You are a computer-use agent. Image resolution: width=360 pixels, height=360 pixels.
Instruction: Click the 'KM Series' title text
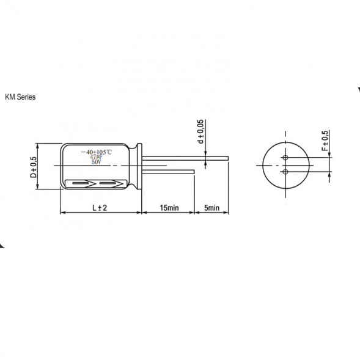pyautogui.click(x=20, y=97)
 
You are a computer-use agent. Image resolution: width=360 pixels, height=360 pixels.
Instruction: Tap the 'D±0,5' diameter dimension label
pyautogui.click(x=34, y=166)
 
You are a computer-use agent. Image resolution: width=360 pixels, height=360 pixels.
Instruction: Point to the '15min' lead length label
pyautogui.click(x=169, y=208)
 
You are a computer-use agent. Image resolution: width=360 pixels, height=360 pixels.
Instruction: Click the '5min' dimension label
pyautogui.click(x=211, y=208)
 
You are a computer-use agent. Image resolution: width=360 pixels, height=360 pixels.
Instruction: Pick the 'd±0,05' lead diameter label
pyautogui.click(x=200, y=132)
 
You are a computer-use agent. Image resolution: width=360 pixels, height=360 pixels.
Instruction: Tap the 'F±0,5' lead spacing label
pyautogui.click(x=325, y=141)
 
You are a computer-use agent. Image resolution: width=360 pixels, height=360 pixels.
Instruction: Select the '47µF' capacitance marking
pyautogui.click(x=97, y=157)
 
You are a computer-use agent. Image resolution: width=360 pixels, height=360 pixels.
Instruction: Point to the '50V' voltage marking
pyautogui.click(x=97, y=163)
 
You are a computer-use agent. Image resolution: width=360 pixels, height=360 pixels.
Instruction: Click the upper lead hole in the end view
pyautogui.click(x=285, y=158)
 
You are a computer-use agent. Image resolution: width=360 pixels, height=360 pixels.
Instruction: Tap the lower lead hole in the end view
pyautogui.click(x=285, y=172)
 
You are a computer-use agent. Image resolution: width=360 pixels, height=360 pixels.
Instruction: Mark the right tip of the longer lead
pyautogui.click(x=228, y=161)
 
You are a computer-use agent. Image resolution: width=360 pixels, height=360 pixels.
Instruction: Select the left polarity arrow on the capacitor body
pyautogui.click(x=82, y=183)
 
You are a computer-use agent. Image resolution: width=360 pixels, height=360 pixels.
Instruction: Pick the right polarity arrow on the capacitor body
pyautogui.click(x=110, y=183)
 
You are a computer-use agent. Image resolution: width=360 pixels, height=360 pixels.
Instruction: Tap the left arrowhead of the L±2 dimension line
pyautogui.click(x=62, y=213)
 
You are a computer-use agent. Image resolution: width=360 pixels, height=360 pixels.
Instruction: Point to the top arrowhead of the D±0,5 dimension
pyautogui.click(x=38, y=146)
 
